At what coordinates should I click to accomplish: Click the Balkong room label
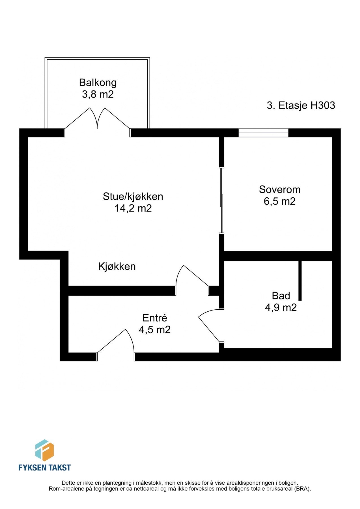coord(98,82)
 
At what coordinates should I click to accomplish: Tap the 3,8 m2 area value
coord(98,94)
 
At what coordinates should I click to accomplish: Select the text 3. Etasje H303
coord(301,105)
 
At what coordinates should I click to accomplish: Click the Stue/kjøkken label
coord(133,196)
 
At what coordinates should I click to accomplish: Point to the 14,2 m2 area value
coord(133,208)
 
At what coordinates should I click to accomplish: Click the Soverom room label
coord(279,189)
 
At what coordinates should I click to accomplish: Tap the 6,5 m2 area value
coord(279,201)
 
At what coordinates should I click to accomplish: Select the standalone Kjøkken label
coord(117,266)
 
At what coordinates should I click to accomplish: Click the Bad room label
coord(281,296)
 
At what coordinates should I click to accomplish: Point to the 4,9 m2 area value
coord(281,307)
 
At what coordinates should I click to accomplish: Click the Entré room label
coord(155,318)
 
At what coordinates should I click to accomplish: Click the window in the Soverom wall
coord(263,133)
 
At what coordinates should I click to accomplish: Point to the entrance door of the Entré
coord(116,344)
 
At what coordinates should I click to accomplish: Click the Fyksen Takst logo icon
coord(44,450)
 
